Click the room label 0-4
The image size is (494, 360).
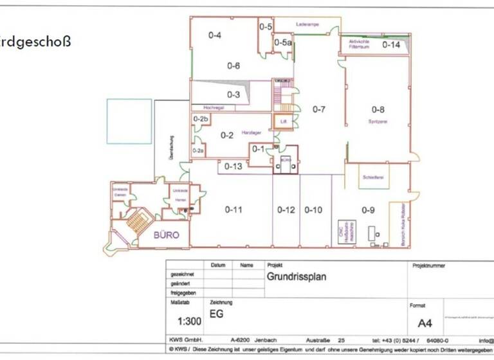(x=215, y=36)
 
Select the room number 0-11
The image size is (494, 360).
(x=233, y=210)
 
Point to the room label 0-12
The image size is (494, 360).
(x=286, y=210)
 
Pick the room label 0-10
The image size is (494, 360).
(x=313, y=210)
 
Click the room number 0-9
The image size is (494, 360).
(x=367, y=210)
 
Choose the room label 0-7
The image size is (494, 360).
(x=319, y=109)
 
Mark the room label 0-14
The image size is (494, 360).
(x=391, y=45)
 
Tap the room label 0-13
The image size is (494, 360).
(x=233, y=166)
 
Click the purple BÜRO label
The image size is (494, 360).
(x=166, y=235)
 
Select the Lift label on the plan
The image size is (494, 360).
(x=282, y=122)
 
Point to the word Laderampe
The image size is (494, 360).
(x=308, y=24)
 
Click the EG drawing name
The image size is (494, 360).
(x=217, y=316)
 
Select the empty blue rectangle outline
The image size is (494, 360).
(x=129, y=121)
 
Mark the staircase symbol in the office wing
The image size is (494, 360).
(x=136, y=222)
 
